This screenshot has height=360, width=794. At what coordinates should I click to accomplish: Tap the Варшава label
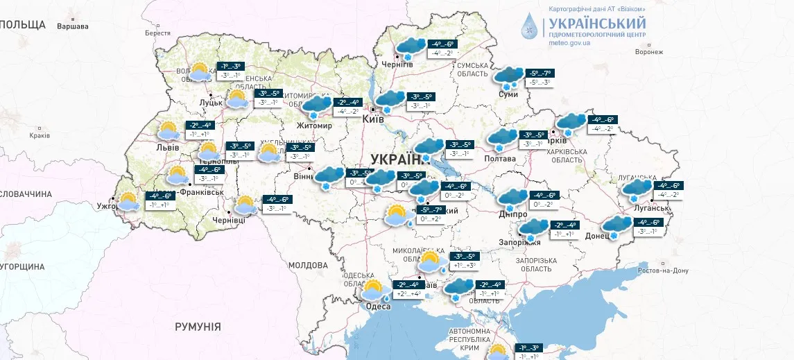73,26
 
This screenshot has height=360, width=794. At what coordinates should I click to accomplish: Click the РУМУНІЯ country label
198,326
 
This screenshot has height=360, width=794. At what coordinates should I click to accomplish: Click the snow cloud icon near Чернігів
409,47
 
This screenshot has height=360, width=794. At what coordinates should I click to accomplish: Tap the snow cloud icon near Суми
510,77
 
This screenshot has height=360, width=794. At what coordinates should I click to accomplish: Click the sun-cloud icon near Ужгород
128,202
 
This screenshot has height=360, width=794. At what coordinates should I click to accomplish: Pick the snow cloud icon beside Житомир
316,108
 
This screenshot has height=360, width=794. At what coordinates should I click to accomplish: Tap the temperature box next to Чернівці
277,204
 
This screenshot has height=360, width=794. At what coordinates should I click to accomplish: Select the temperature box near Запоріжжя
562,230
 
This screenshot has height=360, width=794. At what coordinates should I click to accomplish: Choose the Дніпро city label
512,215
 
